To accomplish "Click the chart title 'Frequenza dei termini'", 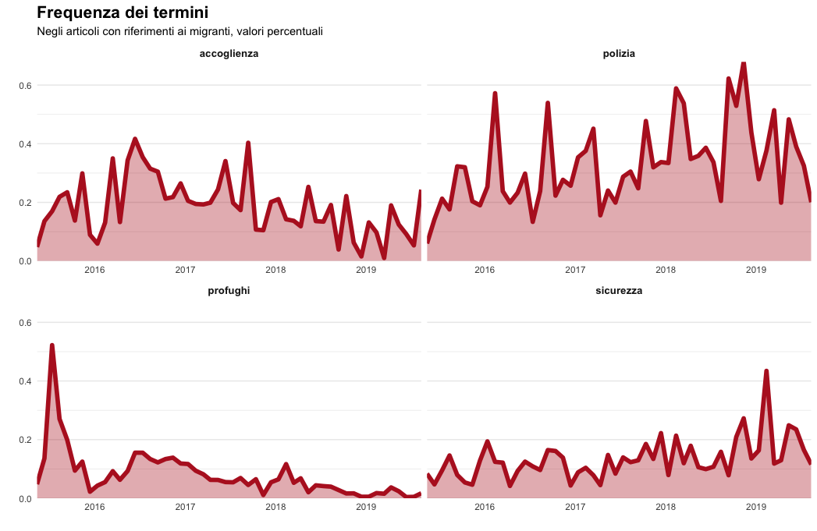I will point(123,13).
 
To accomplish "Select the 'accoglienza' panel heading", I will point(229,54).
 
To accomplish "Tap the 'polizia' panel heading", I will point(619,54).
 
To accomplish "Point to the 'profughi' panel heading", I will point(229,291).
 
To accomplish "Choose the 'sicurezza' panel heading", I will point(619,291).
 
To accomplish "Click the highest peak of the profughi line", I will point(52,345).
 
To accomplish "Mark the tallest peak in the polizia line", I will point(744,62).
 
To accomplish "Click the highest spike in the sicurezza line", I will point(766,371).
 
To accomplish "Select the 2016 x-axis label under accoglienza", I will point(94,271).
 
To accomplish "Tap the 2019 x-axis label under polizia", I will point(756,271).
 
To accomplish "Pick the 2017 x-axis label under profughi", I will point(185,508).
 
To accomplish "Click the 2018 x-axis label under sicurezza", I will point(666,508).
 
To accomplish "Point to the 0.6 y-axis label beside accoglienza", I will point(23,85).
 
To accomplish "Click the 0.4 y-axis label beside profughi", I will point(23,381).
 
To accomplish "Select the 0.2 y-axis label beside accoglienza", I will point(23,203).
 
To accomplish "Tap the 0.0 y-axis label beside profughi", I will point(23,498).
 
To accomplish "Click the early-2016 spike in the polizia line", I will point(495,94).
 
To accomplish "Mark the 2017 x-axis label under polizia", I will point(575,271).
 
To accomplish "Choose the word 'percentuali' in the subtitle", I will point(293,32).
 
